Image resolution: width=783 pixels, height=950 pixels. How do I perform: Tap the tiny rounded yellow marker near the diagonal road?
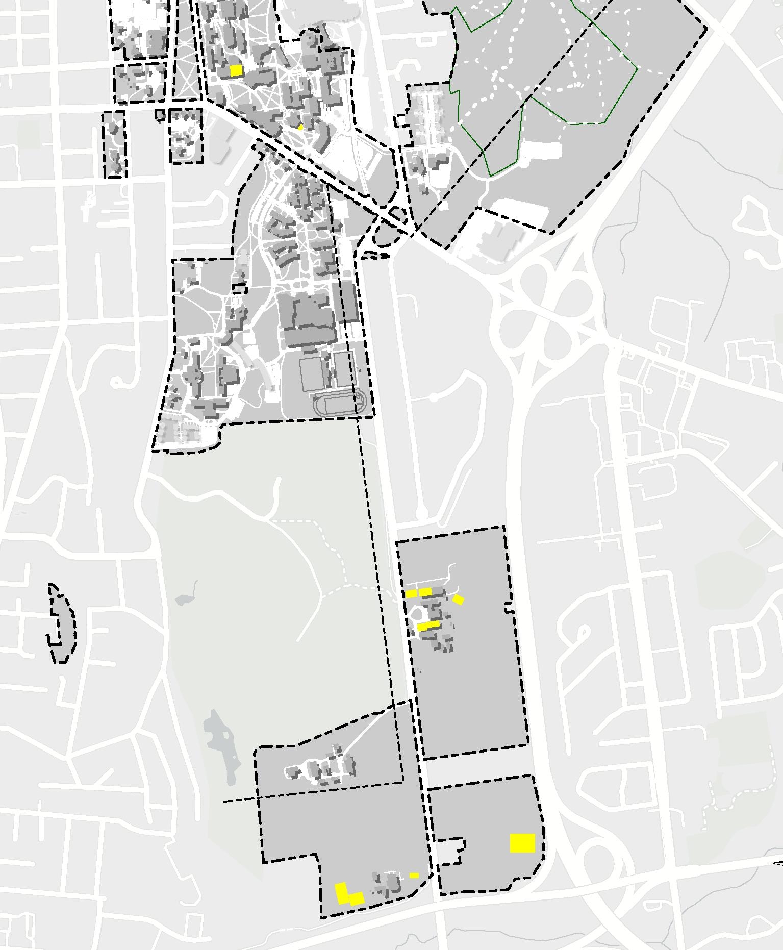tap(300, 128)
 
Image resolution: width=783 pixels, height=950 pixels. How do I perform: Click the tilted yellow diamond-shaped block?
tap(458, 599)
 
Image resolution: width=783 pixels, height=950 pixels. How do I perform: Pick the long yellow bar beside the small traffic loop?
tap(428, 626)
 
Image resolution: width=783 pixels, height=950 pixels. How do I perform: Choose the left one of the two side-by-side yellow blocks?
tap(411, 593)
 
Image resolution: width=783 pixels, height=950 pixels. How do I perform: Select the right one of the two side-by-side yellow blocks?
tap(425, 592)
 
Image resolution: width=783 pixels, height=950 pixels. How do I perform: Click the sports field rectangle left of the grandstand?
tap(311, 373)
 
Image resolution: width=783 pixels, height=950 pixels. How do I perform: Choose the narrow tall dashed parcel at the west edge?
tap(115, 145)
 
